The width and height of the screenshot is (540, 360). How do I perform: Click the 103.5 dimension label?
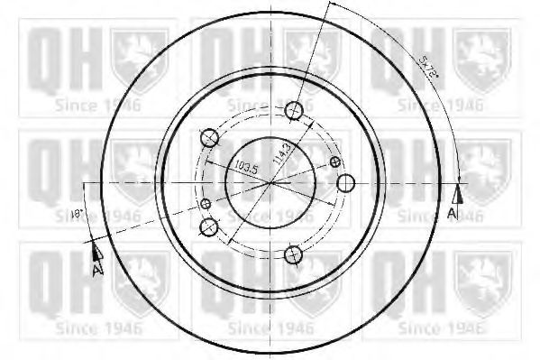pos(242,167)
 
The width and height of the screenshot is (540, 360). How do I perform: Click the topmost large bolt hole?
pos(293,110)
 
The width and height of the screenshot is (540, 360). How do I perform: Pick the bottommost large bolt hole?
pos(292,254)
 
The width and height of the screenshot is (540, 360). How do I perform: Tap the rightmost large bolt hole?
pos(344,183)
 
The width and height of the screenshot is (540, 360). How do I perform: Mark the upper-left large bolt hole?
pos(209,138)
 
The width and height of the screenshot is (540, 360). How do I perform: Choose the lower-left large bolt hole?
pos(209,226)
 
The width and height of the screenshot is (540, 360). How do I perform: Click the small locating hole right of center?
pos(336,162)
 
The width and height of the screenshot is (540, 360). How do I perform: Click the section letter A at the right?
pos(452,212)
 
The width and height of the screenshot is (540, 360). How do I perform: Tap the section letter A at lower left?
pos(96,268)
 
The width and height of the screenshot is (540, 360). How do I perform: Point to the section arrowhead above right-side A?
pos(458,193)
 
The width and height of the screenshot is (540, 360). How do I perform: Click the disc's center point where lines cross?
pos(271,182)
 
